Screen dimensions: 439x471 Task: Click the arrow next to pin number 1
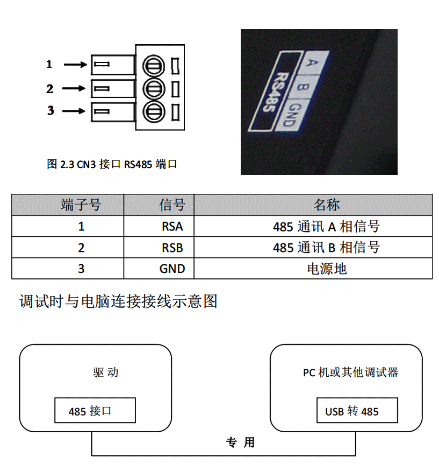click(x=75, y=65)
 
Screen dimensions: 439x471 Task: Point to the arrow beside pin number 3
click(x=74, y=111)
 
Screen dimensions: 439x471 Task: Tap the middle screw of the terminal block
click(x=154, y=89)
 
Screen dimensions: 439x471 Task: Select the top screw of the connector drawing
click(x=154, y=66)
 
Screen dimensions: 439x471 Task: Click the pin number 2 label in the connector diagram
click(x=50, y=89)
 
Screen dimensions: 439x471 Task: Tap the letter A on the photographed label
click(x=313, y=63)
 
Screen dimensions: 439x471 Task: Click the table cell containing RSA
click(x=159, y=226)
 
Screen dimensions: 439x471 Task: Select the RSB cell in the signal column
click(x=159, y=248)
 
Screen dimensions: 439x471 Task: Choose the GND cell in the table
click(x=159, y=269)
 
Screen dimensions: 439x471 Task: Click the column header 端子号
click(x=81, y=205)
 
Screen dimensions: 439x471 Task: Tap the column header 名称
click(x=327, y=205)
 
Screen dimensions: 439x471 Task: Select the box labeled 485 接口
click(x=95, y=410)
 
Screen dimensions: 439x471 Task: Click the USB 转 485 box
click(x=357, y=410)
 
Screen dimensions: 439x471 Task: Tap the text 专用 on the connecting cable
click(x=240, y=442)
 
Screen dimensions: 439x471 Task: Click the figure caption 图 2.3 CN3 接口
click(x=83, y=164)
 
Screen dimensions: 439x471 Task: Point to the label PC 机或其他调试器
click(x=350, y=372)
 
